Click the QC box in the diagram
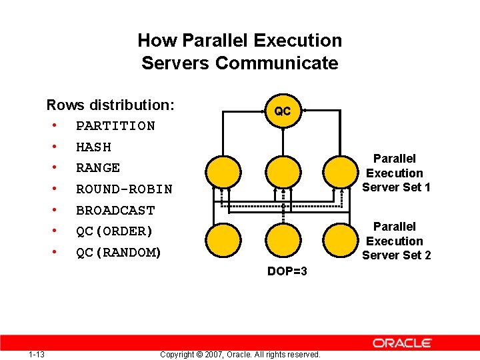[x=283, y=111]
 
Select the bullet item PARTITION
[x=115, y=126]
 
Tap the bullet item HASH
[x=93, y=147]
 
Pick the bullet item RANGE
[x=98, y=168]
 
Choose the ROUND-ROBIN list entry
[x=124, y=189]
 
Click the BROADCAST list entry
[x=115, y=211]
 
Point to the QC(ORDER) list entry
[x=115, y=231]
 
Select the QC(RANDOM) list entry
[x=119, y=253]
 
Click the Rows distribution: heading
[x=111, y=105]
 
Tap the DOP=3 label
[x=287, y=271]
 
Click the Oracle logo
[x=402, y=343]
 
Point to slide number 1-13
[x=37, y=354]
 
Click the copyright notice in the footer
[x=240, y=354]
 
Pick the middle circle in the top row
[x=283, y=171]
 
